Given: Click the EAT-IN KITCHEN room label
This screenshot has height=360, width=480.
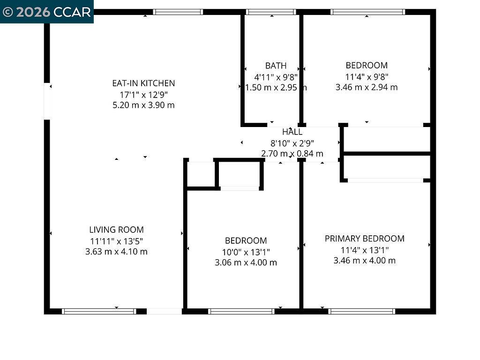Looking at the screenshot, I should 143,83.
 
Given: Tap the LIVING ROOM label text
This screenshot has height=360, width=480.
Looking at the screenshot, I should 116,230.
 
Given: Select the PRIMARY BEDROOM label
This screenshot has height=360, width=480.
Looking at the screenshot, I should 364,239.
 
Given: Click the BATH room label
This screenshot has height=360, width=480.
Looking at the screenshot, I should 276,66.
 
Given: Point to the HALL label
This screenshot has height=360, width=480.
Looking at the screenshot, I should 292,132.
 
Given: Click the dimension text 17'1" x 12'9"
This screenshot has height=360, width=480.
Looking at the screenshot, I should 143,94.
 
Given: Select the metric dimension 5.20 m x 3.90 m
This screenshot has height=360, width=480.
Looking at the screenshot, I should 143,105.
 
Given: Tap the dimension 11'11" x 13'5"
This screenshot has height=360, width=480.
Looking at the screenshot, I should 116,241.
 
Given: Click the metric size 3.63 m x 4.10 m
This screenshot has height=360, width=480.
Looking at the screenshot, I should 116,252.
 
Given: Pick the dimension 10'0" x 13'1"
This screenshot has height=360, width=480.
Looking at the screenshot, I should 246,252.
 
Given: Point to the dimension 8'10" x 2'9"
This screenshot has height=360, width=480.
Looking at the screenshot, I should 292,143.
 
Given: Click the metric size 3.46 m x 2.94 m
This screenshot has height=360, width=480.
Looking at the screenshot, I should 367,87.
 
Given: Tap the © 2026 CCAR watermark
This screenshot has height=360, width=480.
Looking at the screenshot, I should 46,12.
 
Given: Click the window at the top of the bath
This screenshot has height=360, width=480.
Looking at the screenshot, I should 271,12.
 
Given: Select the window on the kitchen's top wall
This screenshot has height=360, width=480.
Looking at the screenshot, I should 178,12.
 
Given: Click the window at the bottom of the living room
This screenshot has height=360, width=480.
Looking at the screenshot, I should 99,311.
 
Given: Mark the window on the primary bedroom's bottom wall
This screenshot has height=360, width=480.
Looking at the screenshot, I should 361,311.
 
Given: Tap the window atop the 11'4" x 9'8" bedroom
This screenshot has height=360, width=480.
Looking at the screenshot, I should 367,12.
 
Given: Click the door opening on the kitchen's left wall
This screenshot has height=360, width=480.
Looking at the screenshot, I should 47,101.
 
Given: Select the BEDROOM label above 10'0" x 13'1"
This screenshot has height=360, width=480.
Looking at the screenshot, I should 246,240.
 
